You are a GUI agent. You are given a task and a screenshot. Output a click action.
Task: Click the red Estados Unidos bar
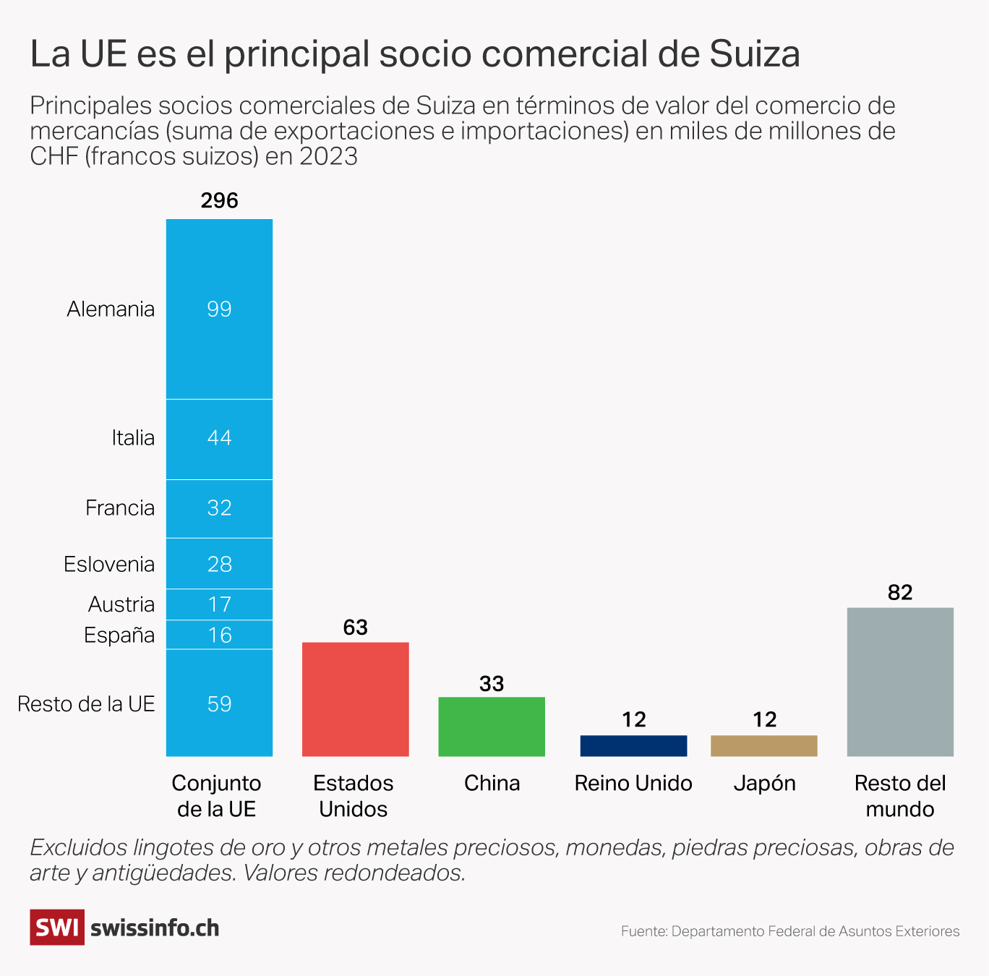pos(355,699)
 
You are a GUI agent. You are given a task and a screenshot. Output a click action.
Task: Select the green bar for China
pos(492,727)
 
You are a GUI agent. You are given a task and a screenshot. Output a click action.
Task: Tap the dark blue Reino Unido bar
pos(633,746)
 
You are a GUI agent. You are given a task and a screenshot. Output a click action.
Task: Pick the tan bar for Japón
pos(764,746)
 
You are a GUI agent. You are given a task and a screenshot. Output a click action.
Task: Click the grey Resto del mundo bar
pos(900,682)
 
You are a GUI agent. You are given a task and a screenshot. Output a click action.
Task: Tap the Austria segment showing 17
pos(219,604)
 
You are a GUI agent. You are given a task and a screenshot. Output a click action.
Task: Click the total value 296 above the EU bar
pos(219,200)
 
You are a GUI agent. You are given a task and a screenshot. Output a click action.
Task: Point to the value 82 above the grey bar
pos(900,593)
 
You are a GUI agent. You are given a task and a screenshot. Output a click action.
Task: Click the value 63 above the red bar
pos(355,628)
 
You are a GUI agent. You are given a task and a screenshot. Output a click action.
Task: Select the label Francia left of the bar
pos(120,508)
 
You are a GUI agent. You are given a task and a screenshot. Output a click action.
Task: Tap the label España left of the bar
pos(119,635)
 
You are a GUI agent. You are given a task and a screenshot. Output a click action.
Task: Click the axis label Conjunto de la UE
pos(217,796)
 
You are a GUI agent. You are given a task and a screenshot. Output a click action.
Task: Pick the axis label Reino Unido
pos(633,784)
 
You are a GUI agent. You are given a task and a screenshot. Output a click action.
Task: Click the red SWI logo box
pos(57,928)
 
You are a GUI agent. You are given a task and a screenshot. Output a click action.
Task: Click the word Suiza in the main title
pos(755,54)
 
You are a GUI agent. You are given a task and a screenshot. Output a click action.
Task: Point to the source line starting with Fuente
pos(790,931)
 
